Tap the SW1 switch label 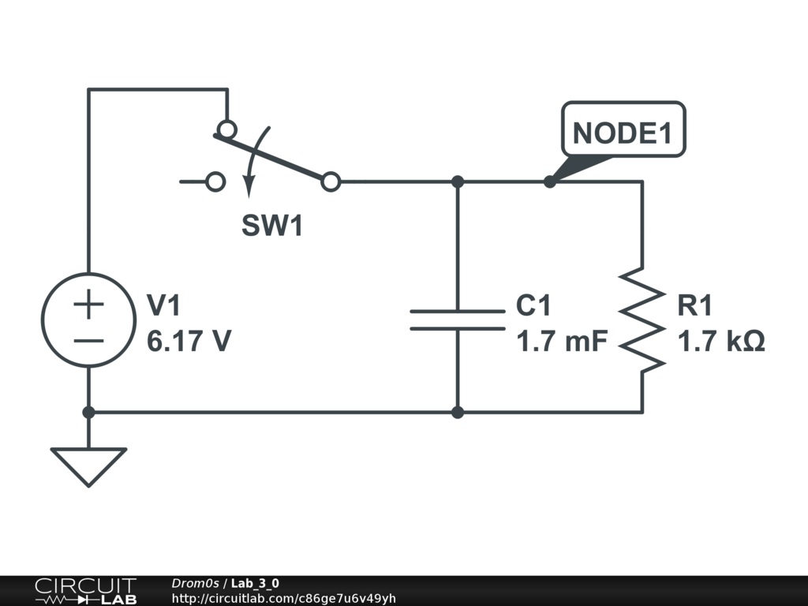[271, 226]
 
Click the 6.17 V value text [189, 342]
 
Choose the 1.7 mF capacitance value [563, 342]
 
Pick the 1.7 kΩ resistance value [721, 342]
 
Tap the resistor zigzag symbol [642, 320]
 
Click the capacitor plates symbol [458, 320]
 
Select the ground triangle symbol [88, 465]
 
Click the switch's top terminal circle [226, 129]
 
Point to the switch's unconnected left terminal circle [215, 182]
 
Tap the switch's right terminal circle [331, 182]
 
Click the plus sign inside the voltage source [89, 304]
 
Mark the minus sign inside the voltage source [89, 341]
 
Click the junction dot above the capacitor [458, 182]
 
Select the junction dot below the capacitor [458, 412]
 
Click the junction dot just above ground [88, 412]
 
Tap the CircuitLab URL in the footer [283, 598]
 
